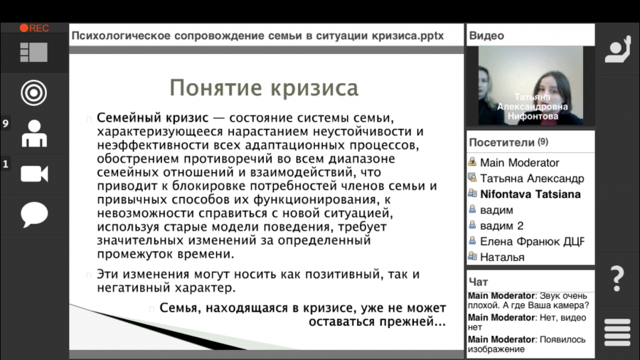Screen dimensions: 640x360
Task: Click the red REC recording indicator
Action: tap(34, 28)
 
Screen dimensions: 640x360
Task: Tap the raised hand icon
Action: tap(617, 49)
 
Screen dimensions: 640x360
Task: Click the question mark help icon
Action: tap(617, 279)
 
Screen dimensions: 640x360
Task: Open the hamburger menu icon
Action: tap(617, 332)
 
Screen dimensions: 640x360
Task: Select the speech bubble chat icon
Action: tap(34, 214)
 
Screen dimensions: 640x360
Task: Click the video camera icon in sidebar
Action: tap(34, 174)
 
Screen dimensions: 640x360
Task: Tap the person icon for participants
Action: tap(34, 134)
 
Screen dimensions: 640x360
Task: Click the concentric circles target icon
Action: tap(34, 92)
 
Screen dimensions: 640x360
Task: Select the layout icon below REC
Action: tap(34, 52)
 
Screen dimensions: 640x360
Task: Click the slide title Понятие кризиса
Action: tap(264, 88)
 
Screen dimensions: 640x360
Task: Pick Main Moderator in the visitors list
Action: tap(519, 163)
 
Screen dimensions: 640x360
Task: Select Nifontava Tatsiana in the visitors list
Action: tap(530, 194)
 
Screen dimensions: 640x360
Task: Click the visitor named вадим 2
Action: tap(501, 226)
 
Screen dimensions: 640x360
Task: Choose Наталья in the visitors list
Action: tap(502, 258)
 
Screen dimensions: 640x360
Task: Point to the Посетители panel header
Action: tap(508, 142)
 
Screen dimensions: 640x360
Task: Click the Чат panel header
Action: tap(479, 282)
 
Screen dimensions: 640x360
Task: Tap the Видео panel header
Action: tap(486, 36)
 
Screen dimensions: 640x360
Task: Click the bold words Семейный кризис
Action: tap(153, 118)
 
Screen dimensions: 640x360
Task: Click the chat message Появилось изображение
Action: tap(526, 344)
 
